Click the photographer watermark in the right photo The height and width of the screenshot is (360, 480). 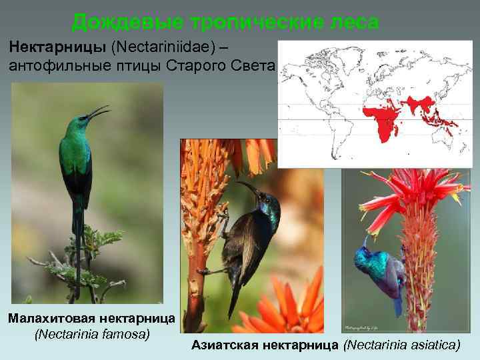363,327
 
